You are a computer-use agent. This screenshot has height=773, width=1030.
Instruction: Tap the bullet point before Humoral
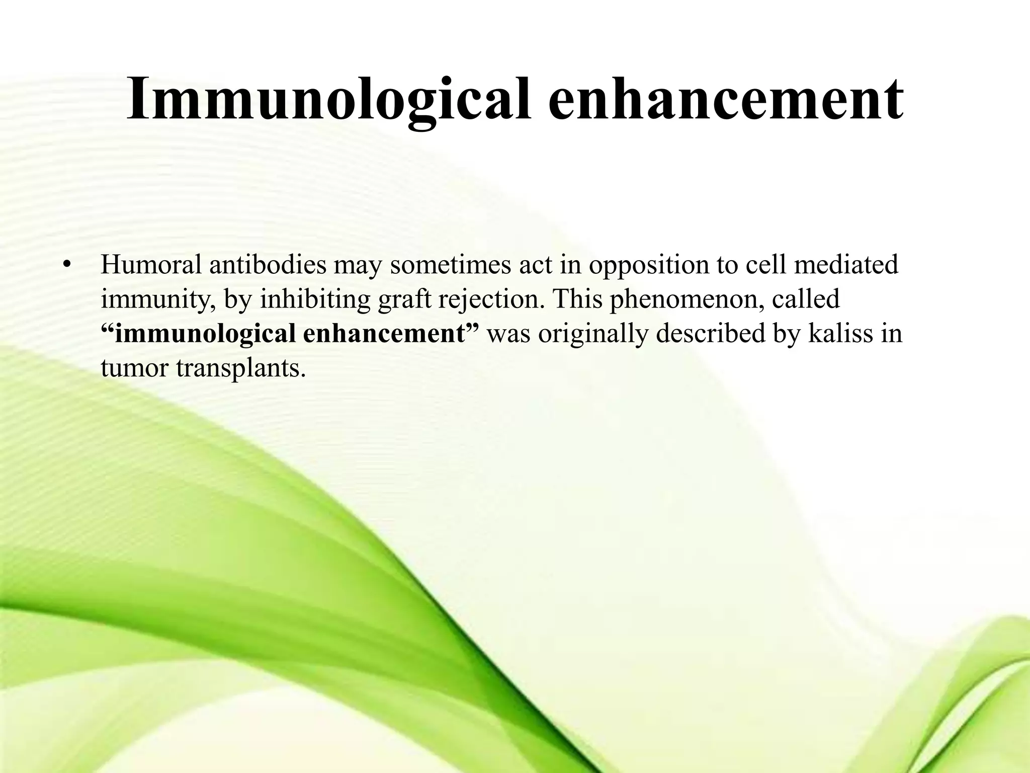pyautogui.click(x=66, y=265)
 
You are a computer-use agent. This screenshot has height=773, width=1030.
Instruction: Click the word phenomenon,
pyautogui.click(x=687, y=299)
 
